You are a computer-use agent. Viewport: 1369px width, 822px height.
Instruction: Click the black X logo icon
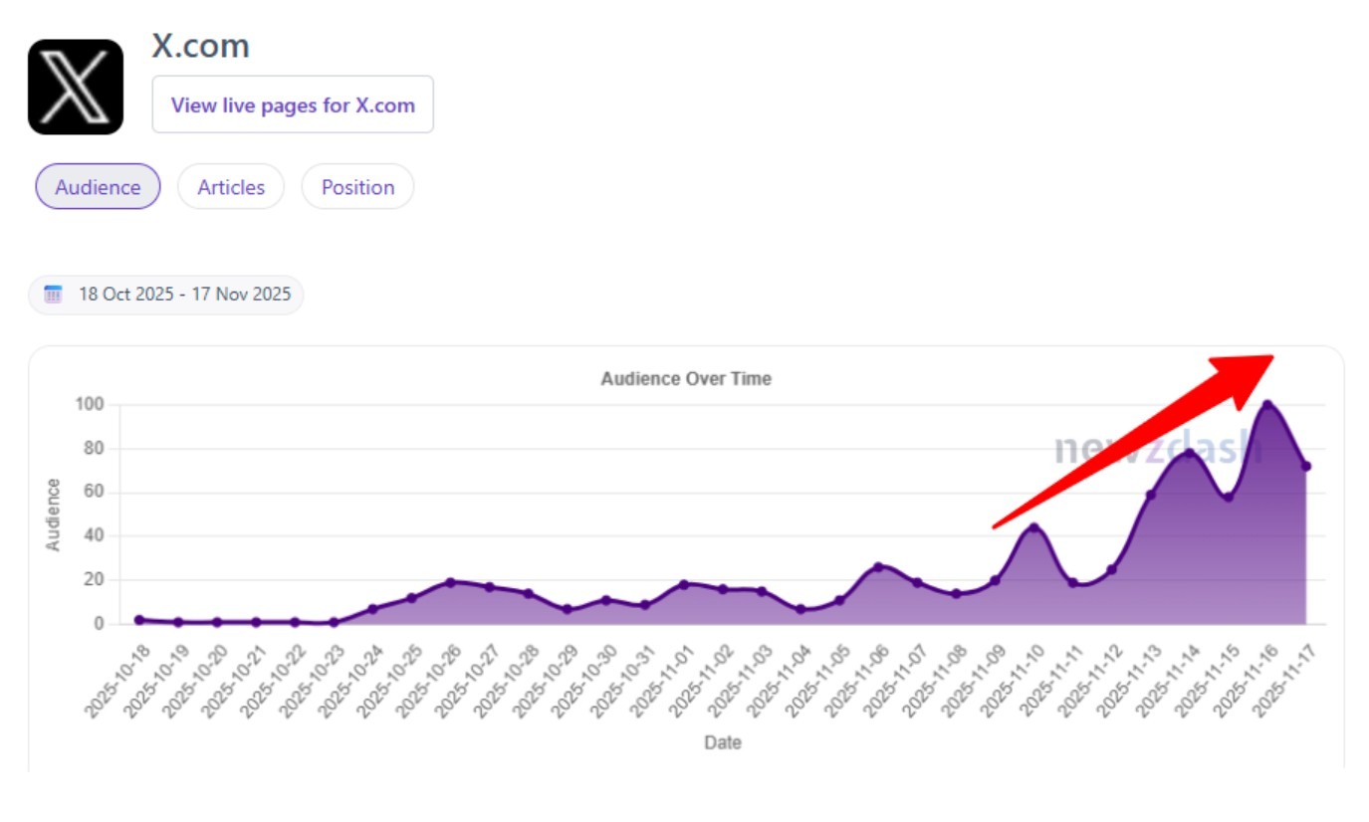(x=76, y=87)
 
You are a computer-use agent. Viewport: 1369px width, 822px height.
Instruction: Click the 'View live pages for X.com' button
(x=293, y=104)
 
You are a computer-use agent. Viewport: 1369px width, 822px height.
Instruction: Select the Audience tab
(x=98, y=187)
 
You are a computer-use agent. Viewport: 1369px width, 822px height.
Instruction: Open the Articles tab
(x=231, y=187)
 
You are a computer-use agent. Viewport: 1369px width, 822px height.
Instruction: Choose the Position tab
(x=357, y=187)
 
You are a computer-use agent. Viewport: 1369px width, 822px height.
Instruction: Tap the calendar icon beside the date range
(x=54, y=295)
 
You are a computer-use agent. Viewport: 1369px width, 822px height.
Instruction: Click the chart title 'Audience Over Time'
(x=686, y=379)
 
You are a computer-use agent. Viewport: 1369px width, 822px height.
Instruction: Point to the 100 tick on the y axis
(x=90, y=404)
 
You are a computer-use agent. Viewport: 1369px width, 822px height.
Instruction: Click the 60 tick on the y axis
(x=93, y=492)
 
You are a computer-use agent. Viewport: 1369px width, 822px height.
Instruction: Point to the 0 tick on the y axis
(x=99, y=624)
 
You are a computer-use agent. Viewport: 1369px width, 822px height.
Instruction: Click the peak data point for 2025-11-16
(x=1267, y=405)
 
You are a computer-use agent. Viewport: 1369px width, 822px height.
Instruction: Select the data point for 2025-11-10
(x=1033, y=527)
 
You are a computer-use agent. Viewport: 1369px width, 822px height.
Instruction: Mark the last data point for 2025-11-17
(x=1305, y=466)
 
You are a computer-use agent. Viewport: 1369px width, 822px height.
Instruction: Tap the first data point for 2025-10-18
(x=139, y=619)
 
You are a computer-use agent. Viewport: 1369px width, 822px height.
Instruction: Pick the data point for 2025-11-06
(x=878, y=567)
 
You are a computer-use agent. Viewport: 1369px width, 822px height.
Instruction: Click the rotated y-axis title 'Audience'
(x=54, y=514)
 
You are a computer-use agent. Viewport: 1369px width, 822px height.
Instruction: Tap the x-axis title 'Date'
(x=723, y=742)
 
